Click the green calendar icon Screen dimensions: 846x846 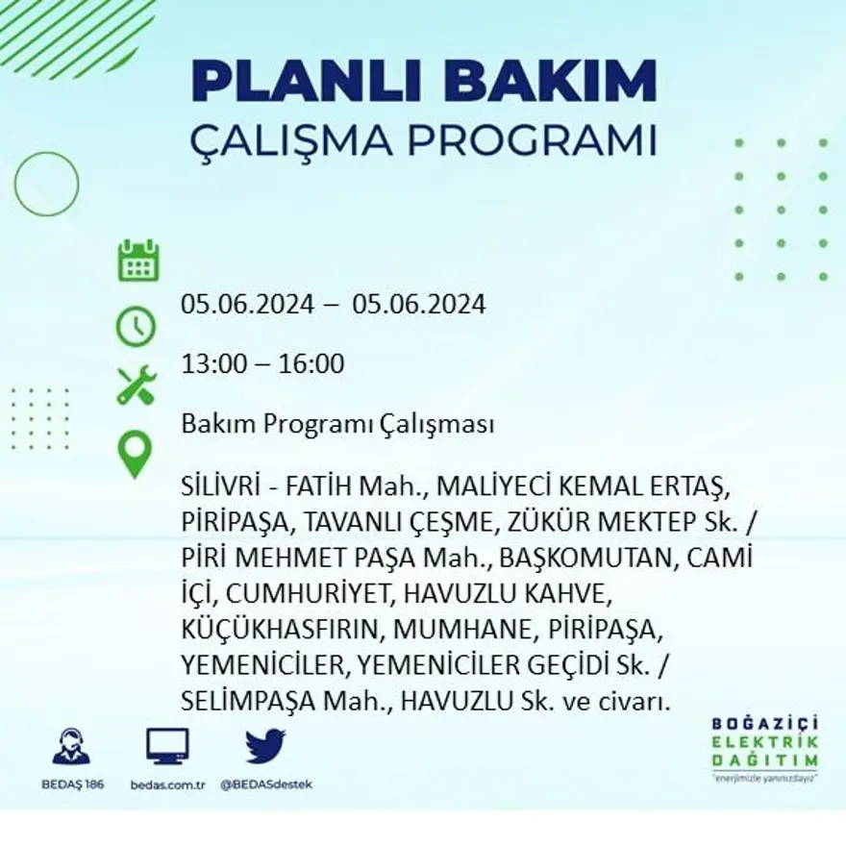(138, 261)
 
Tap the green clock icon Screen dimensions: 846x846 (136, 326)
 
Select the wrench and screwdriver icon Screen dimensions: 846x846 (137, 385)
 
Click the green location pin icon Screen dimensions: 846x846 (135, 454)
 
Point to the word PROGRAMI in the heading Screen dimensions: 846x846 (533, 140)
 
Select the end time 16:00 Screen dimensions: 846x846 (311, 364)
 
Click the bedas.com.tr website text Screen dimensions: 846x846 (167, 784)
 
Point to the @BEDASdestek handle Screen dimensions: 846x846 (266, 784)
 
